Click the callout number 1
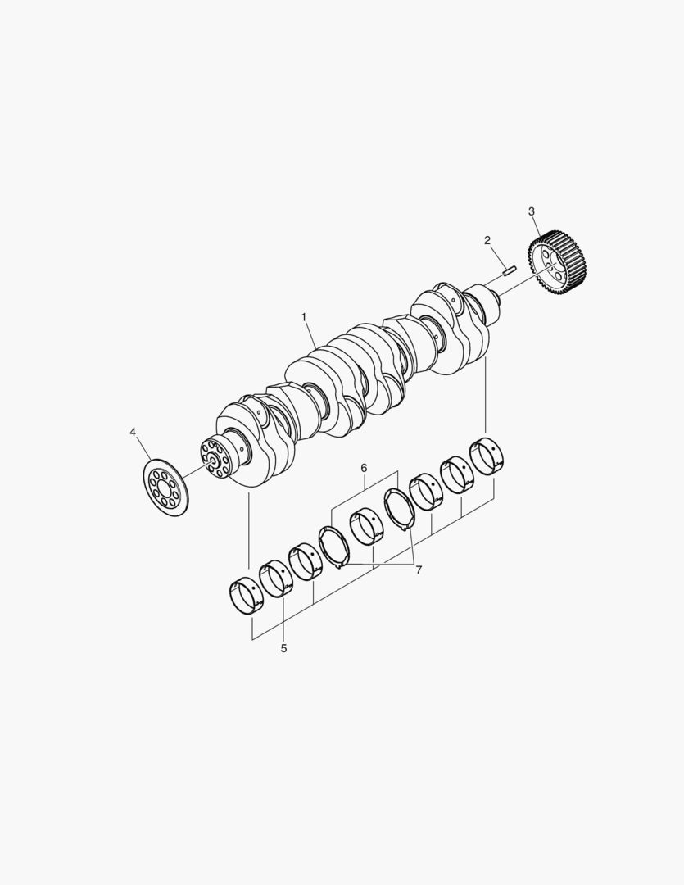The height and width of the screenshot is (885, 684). (x=304, y=317)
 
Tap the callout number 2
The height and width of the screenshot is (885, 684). (x=487, y=240)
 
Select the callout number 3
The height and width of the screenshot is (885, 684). (x=531, y=211)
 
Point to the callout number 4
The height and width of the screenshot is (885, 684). (x=133, y=432)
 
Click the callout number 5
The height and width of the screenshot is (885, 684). (x=284, y=648)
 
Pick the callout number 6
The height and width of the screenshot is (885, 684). (x=364, y=468)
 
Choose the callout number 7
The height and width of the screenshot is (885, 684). (x=419, y=570)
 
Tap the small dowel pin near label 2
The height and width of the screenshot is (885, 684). (x=507, y=270)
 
